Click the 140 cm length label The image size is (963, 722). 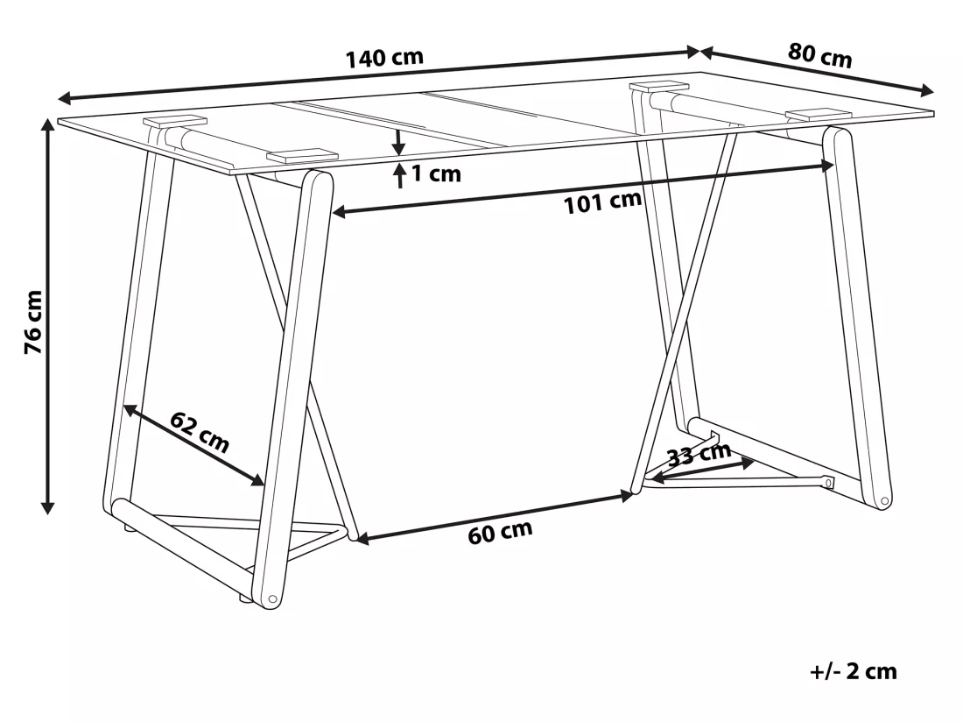[x=385, y=58]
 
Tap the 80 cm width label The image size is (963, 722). [x=820, y=55]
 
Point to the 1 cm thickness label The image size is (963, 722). [x=436, y=173]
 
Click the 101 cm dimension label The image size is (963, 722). [x=602, y=202]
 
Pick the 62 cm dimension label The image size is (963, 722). [x=200, y=432]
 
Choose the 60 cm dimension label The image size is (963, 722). [x=500, y=532]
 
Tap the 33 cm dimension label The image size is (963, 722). [x=699, y=456]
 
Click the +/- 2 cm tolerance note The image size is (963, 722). [x=854, y=671]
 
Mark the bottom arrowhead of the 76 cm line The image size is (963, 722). [x=47, y=507]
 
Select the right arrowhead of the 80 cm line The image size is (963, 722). [x=926, y=91]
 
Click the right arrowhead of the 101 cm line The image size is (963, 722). [x=826, y=166]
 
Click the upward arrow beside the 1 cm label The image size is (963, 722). [x=400, y=176]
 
